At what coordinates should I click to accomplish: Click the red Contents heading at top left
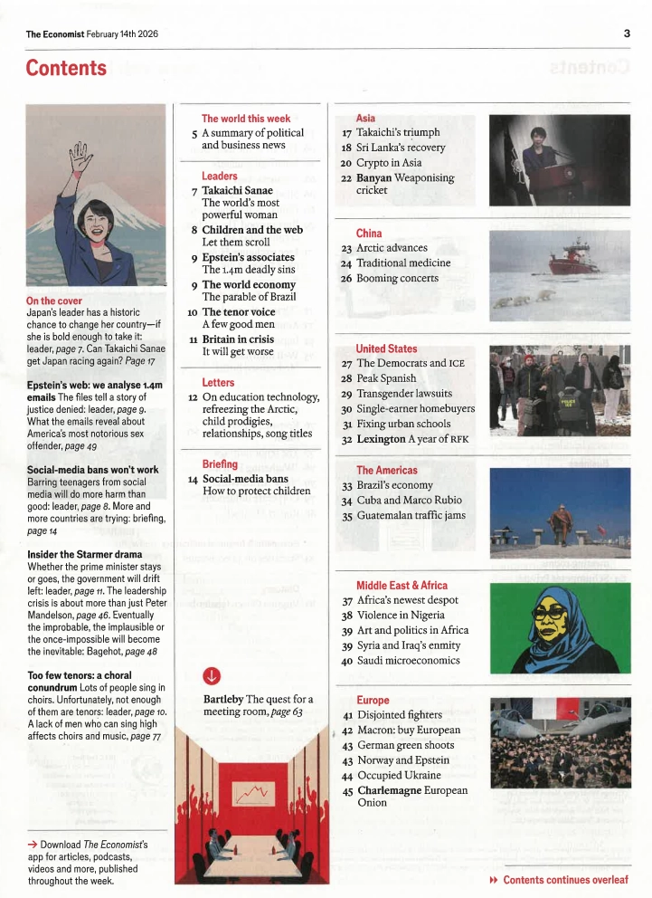tap(66, 69)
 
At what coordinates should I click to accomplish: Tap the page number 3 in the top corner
tap(626, 33)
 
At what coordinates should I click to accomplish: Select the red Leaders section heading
tap(220, 176)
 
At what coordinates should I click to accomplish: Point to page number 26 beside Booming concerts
tap(345, 279)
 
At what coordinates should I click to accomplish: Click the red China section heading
tap(369, 234)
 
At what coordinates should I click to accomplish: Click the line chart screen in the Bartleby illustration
tap(254, 793)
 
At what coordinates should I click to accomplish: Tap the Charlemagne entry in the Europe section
tap(412, 790)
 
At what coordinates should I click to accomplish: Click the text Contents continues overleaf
tap(565, 880)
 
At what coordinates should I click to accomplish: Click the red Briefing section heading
tap(220, 464)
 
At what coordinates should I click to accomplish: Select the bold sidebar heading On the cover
tap(54, 301)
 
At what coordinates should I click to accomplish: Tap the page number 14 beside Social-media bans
tap(193, 480)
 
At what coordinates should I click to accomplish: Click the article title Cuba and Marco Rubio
tap(409, 501)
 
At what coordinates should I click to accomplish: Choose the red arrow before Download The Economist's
tap(33, 845)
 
